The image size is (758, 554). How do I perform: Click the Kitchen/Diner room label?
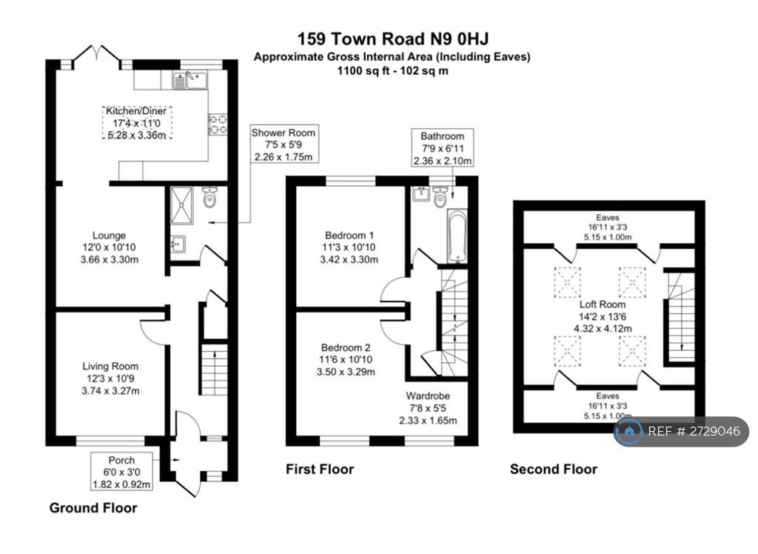point(136,111)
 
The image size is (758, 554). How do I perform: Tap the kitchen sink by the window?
point(190,80)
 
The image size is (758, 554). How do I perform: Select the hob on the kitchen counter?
point(218,124)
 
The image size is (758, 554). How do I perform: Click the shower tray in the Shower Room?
point(181,205)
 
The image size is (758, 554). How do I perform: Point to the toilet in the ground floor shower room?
point(209,197)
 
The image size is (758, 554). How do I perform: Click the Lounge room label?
point(110,236)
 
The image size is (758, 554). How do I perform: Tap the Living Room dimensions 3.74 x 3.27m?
point(111,391)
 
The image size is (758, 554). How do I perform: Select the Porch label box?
point(122,472)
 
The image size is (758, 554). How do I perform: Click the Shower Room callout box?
point(284,144)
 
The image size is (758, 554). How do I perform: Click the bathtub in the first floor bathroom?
point(457,236)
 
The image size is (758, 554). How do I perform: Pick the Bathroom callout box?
point(443,147)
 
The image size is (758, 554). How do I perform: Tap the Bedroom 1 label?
point(349,236)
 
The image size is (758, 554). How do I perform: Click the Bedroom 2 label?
point(346,348)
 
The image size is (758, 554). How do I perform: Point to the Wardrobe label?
point(428,396)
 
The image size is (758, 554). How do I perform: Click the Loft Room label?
point(603,305)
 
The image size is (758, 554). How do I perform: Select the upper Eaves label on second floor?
point(608,218)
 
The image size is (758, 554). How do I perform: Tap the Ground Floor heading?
point(93,508)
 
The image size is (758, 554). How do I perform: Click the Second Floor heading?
point(554,470)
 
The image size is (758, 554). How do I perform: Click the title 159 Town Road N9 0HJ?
point(392,39)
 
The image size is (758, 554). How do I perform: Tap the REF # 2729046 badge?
point(681,431)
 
